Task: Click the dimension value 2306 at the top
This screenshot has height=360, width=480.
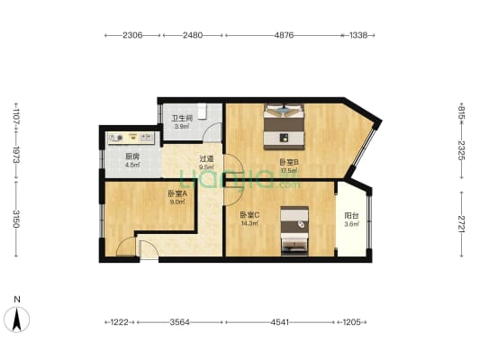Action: pyautogui.click(x=132, y=35)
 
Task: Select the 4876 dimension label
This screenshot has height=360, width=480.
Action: pyautogui.click(x=284, y=35)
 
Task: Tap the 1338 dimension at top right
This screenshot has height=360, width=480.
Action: pyautogui.click(x=358, y=35)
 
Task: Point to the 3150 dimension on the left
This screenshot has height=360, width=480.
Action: pyautogui.click(x=16, y=218)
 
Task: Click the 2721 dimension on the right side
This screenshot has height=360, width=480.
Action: pyautogui.click(x=461, y=223)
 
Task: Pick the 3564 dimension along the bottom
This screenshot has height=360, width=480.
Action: pyautogui.click(x=180, y=322)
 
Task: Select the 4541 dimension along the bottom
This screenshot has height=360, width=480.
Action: pyautogui.click(x=280, y=322)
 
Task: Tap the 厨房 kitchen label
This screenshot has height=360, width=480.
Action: pyautogui.click(x=132, y=157)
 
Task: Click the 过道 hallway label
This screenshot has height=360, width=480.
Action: pyautogui.click(x=206, y=159)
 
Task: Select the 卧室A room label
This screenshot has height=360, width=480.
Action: pyautogui.click(x=177, y=193)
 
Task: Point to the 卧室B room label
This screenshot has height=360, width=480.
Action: pyautogui.click(x=289, y=162)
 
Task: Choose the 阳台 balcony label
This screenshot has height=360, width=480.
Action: pyautogui.click(x=351, y=216)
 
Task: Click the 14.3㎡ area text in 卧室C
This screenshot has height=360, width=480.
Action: pyautogui.click(x=249, y=223)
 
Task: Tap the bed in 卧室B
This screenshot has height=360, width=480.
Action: pyautogui.click(x=285, y=127)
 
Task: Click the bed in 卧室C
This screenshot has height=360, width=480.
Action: pyautogui.click(x=294, y=231)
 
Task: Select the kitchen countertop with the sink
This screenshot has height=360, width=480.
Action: pyautogui.click(x=131, y=139)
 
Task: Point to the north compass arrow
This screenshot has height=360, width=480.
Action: pyautogui.click(x=17, y=319)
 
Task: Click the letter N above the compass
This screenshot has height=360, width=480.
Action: pyautogui.click(x=17, y=300)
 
